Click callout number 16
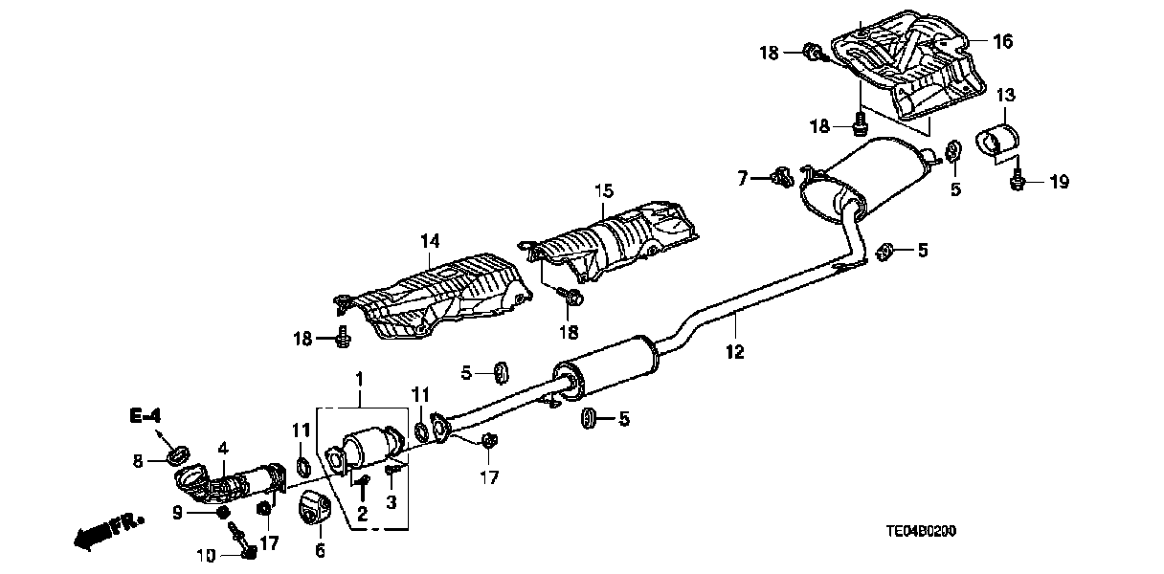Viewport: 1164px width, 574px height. click(x=1001, y=41)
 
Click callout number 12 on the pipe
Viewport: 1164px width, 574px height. click(x=734, y=352)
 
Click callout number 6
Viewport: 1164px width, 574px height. click(x=320, y=550)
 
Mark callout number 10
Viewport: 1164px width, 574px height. click(x=208, y=555)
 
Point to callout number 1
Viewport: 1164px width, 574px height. click(x=359, y=379)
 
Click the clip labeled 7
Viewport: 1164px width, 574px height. click(x=779, y=175)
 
